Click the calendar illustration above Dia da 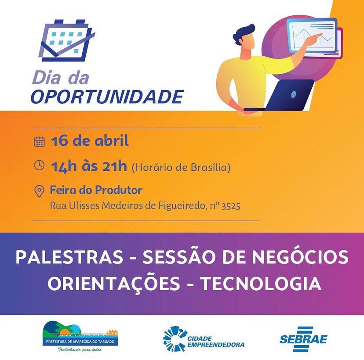[67, 41]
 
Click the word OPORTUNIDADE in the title [107, 97]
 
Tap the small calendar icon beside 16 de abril [39, 141]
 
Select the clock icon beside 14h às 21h [39, 166]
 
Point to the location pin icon [39, 191]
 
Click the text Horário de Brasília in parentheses [181, 167]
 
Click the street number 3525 [231, 206]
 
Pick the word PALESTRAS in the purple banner [69, 257]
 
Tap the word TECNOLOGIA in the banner [261, 284]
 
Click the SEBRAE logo [303, 338]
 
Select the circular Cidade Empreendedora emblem [175, 338]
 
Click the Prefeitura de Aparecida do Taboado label [80, 342]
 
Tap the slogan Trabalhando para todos [79, 349]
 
